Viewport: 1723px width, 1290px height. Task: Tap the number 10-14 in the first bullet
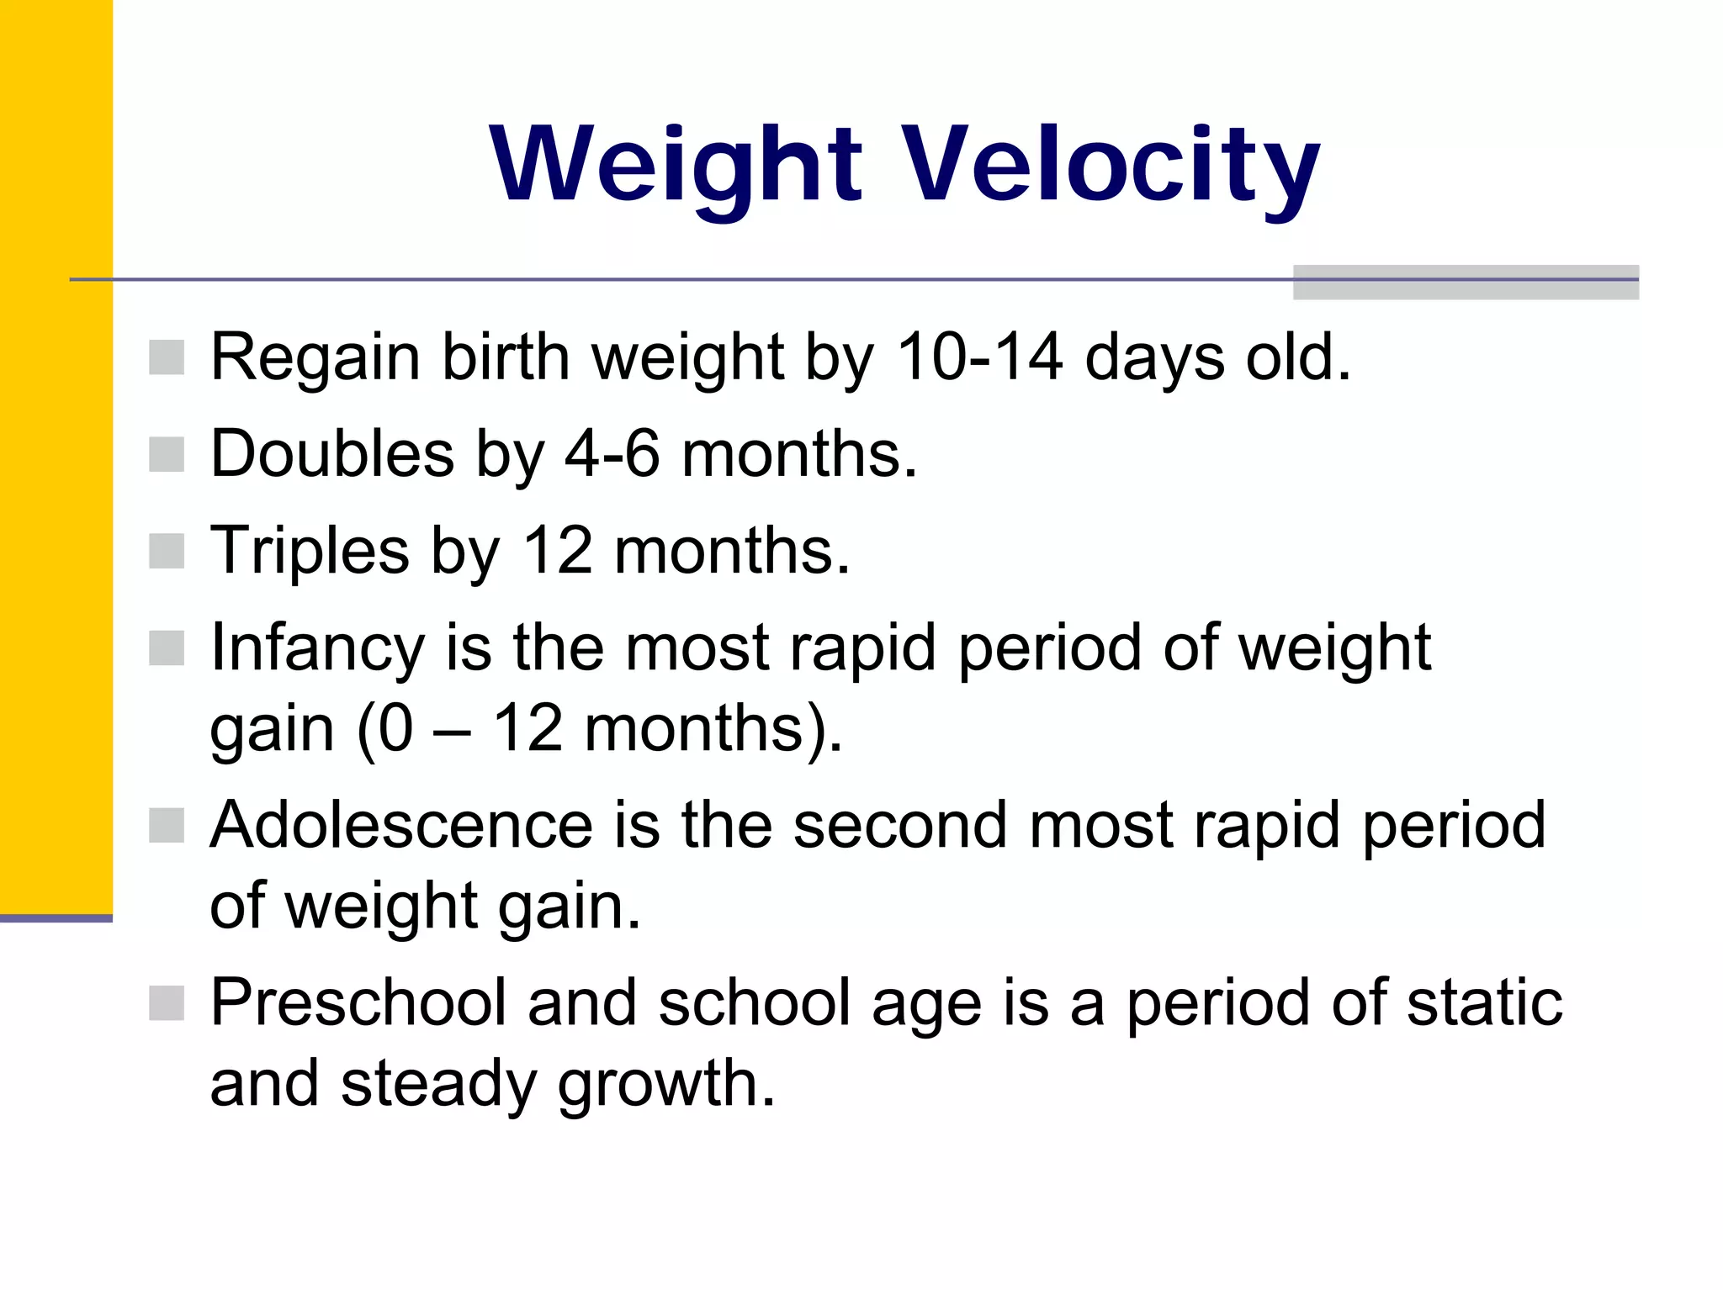click(979, 357)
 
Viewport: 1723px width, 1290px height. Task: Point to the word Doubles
click(332, 454)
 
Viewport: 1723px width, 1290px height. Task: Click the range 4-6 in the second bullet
click(612, 454)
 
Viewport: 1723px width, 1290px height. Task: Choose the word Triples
click(309, 552)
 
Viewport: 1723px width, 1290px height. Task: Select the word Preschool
click(358, 1003)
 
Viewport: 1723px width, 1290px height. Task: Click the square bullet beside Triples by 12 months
click(167, 552)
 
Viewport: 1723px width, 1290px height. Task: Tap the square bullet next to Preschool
click(167, 1003)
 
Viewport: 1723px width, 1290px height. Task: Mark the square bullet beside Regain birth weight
click(167, 357)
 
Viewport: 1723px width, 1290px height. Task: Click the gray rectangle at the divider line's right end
click(1465, 283)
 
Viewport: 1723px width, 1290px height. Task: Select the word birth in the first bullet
click(506, 357)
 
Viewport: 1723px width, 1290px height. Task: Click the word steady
click(437, 1085)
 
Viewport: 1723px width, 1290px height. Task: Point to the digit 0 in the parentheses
click(395, 728)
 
